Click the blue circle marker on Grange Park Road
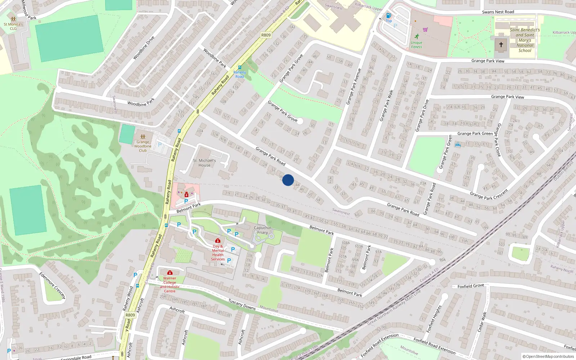click(x=288, y=180)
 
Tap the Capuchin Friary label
click(x=262, y=230)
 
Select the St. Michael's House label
click(x=204, y=163)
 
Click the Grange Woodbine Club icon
click(x=143, y=137)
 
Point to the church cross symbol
click(x=501, y=45)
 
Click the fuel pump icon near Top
click(x=388, y=15)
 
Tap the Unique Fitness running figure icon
click(x=417, y=37)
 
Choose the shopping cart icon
click(x=425, y=30)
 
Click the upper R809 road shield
click(x=266, y=35)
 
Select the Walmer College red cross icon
click(x=170, y=273)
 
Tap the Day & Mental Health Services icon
click(x=217, y=240)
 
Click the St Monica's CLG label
click(x=13, y=26)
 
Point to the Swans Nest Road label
click(x=498, y=12)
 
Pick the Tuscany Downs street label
click(x=242, y=305)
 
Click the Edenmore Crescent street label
click(x=53, y=285)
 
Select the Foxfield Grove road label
click(x=471, y=286)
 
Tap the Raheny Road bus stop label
click(x=240, y=74)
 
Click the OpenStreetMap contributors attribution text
click(x=548, y=357)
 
